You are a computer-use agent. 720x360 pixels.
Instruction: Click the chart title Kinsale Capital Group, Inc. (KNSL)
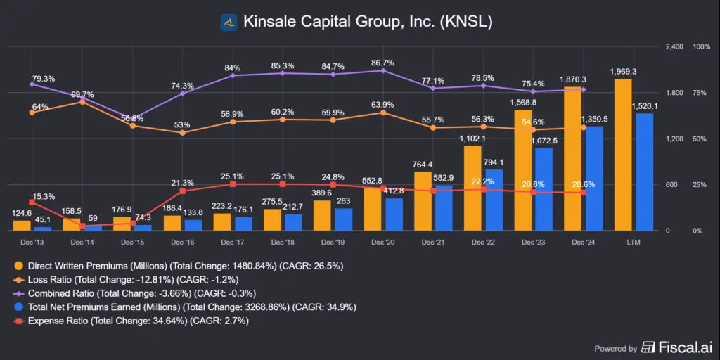tap(368, 22)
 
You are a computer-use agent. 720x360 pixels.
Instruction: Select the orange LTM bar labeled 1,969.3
tap(623, 155)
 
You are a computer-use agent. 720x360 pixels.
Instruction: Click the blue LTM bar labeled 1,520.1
tap(644, 172)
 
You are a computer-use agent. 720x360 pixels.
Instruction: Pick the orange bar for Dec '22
tap(472, 188)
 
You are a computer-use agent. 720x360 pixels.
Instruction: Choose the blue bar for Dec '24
tap(594, 179)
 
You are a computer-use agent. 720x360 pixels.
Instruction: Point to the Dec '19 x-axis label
tap(333, 242)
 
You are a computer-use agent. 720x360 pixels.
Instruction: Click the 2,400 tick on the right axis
tap(674, 46)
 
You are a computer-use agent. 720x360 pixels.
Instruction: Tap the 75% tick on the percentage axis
tap(701, 93)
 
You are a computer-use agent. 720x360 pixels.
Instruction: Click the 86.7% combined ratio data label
tap(383, 63)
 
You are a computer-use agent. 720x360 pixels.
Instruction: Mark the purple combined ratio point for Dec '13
tap(32, 84)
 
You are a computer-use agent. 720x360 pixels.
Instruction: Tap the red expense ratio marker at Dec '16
tap(182, 191)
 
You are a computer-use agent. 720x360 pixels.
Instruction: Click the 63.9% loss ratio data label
tap(383, 105)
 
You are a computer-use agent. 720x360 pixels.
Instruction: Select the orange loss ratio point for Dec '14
tap(82, 103)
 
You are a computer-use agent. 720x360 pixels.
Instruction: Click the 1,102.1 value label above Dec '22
tap(472, 139)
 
